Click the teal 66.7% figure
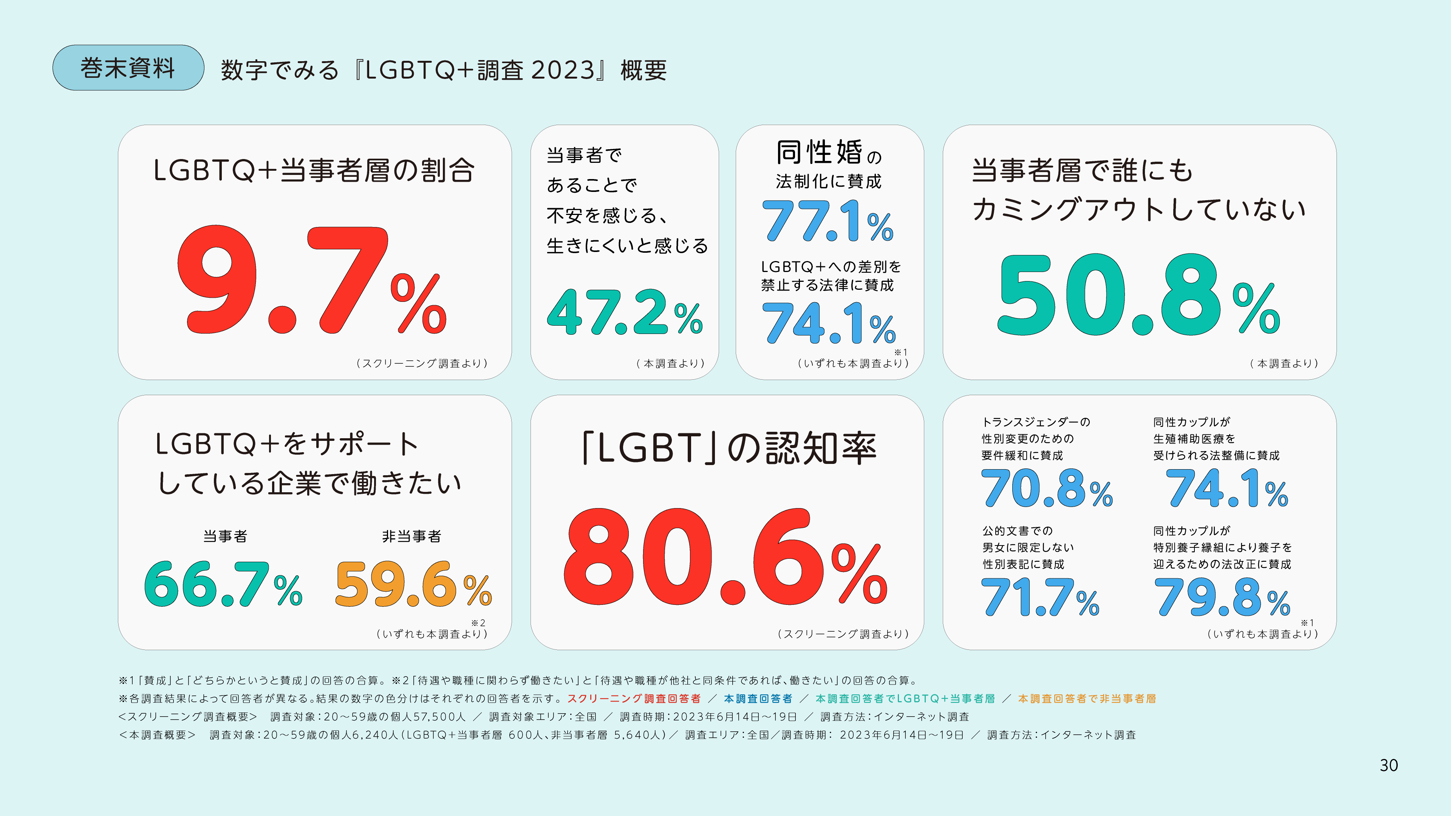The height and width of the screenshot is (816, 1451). pyautogui.click(x=223, y=584)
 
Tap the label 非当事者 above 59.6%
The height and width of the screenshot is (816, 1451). pyautogui.click(x=412, y=536)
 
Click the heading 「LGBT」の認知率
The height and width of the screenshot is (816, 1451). pyautogui.click(x=729, y=448)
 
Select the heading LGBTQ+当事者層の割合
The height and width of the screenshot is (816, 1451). pyautogui.click(x=314, y=170)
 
